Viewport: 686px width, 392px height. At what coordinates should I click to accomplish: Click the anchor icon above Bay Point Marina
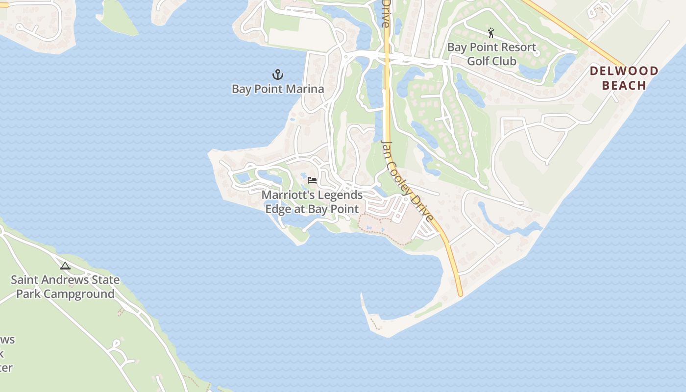coord(278,74)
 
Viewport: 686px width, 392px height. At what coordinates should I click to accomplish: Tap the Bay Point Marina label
coord(278,89)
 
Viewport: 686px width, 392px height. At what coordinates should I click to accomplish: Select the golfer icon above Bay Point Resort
coord(491,33)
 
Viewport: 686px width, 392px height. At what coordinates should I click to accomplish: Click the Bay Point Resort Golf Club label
coord(491,54)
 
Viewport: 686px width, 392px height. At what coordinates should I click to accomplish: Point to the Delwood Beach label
coord(624,78)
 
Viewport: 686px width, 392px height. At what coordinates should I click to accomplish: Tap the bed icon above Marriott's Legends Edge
coord(312,180)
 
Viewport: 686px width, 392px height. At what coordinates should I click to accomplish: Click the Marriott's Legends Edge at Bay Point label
coord(312,202)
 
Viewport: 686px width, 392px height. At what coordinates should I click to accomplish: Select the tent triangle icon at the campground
coord(65,266)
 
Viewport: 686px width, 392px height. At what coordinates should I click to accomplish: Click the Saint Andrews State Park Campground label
coord(65,287)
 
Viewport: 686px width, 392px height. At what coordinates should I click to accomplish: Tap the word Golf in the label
coord(478,61)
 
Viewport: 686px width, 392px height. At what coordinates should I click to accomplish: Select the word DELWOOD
coord(624,71)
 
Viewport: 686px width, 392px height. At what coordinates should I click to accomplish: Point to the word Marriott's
coord(288,195)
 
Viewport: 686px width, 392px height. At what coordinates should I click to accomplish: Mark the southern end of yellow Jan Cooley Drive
coord(460,294)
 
